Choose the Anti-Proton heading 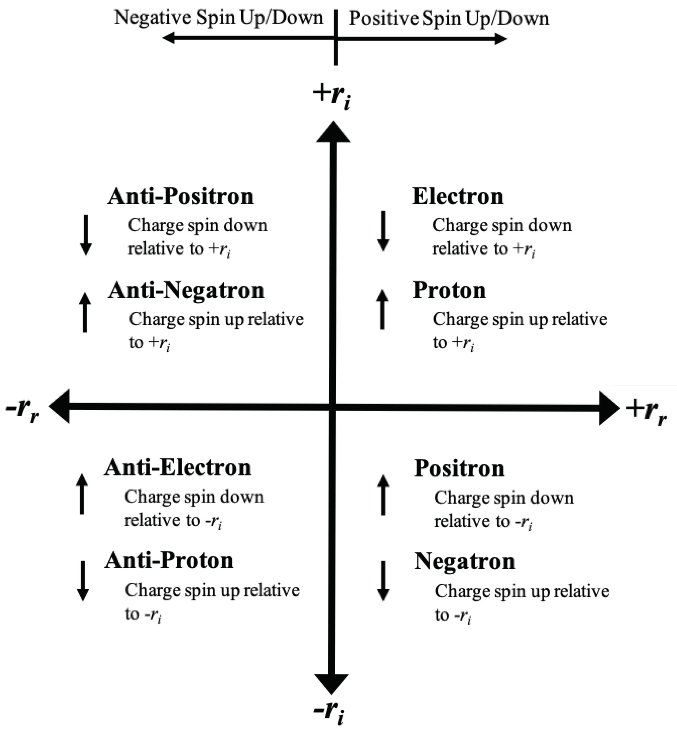tap(169, 561)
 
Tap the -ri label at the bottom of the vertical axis tap(329, 713)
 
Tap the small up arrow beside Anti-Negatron tap(85, 312)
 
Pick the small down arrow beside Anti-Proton tap(83, 581)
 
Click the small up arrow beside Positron tap(383, 495)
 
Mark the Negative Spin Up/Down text tap(219, 18)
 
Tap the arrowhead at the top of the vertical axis tap(333, 133)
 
